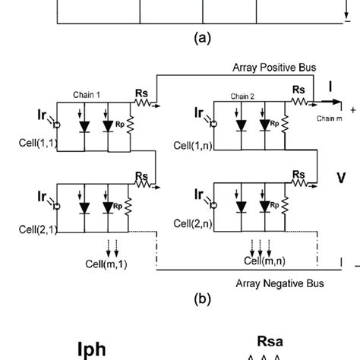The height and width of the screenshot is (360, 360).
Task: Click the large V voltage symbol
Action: (343, 178)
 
